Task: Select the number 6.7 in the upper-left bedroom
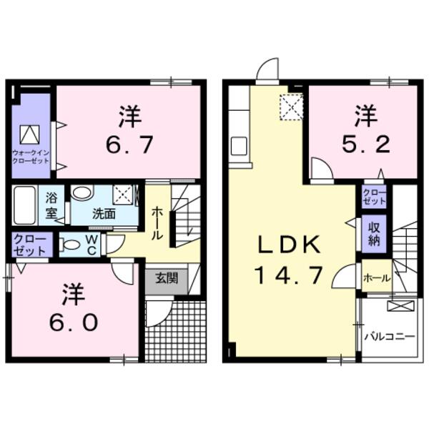(x=129, y=145)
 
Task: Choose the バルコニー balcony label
(x=390, y=335)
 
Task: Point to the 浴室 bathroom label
(x=52, y=204)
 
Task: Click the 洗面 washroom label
(x=102, y=213)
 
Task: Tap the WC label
(x=92, y=243)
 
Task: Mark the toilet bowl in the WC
(x=71, y=245)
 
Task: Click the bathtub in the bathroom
(x=28, y=205)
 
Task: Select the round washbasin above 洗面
(x=82, y=193)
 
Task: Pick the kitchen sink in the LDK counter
(x=239, y=147)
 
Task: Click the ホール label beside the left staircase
(x=157, y=223)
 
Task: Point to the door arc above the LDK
(x=268, y=71)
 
